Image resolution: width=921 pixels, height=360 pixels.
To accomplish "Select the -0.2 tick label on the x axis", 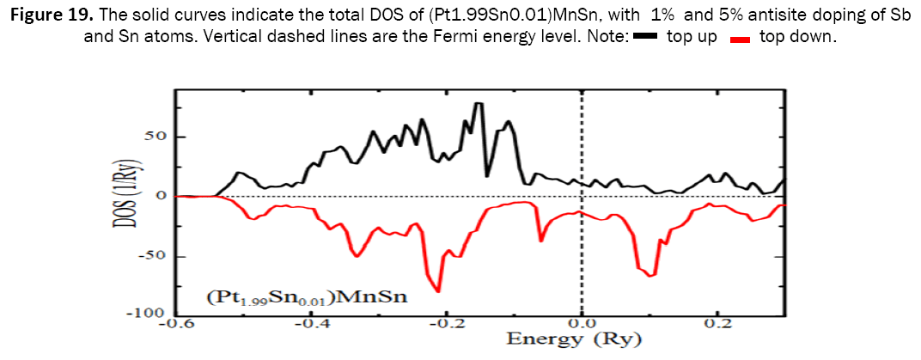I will point(447,324).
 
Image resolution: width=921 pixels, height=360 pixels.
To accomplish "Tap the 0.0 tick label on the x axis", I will point(582,324).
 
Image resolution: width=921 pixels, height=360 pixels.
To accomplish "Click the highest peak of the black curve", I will point(479,104).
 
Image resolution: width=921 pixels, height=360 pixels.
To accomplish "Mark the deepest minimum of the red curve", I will point(438,290).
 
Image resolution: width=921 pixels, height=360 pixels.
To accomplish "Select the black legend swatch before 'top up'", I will point(644,39).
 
